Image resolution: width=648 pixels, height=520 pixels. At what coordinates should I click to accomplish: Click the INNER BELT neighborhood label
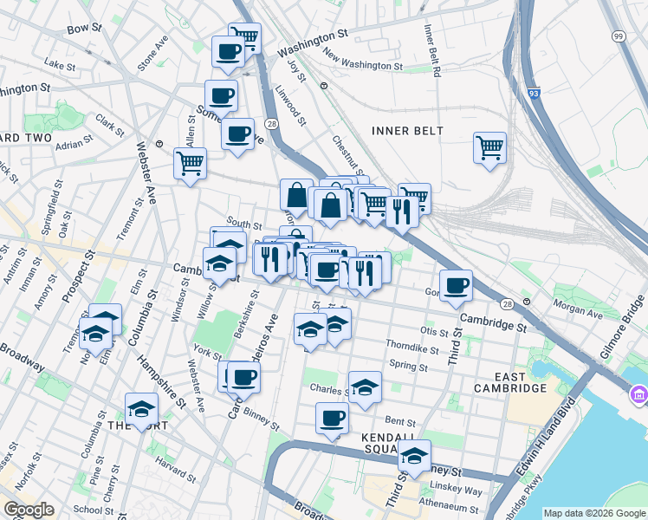point(407,131)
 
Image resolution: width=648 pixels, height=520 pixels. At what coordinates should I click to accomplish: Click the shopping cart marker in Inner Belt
point(489,147)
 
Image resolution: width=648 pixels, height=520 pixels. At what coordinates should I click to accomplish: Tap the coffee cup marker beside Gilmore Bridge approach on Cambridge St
point(456,285)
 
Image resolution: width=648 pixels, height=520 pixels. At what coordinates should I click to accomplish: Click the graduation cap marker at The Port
point(141,410)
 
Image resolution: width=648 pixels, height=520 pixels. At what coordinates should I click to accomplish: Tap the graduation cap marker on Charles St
point(365,387)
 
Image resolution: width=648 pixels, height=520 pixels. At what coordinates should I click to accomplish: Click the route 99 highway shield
point(618,36)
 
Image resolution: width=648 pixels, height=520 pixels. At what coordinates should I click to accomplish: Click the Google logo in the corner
point(29,510)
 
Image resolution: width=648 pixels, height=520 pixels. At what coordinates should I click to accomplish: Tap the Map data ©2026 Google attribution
point(594,513)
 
